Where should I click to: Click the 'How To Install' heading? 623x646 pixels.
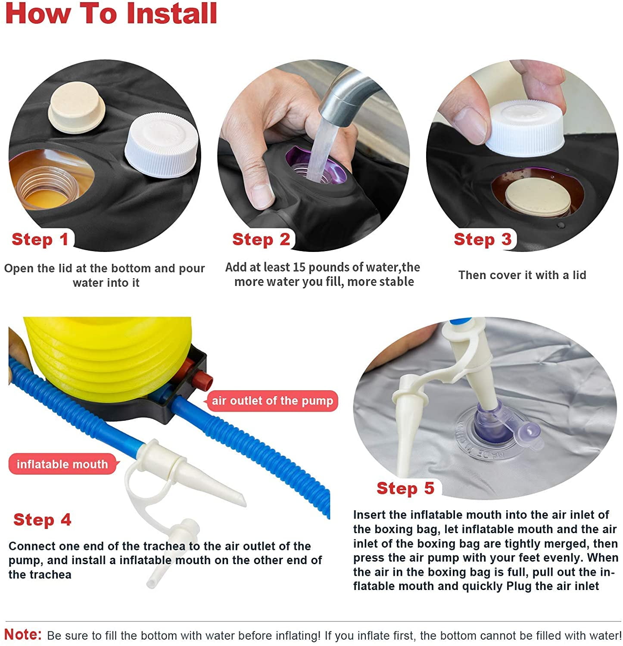tap(111, 13)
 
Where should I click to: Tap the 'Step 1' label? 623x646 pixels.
tap(40, 239)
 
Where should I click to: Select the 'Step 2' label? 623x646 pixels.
tap(261, 239)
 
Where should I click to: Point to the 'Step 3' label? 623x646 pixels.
tap(483, 239)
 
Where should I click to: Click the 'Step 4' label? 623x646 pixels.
tap(42, 519)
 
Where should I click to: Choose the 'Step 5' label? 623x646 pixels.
tap(405, 488)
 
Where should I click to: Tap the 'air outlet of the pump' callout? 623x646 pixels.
tap(272, 401)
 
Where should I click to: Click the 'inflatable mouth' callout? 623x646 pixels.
tap(62, 464)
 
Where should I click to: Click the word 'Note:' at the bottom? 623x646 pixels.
tap(23, 634)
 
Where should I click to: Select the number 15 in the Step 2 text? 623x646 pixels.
tap(299, 267)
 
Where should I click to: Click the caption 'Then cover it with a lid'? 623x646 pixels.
tap(522, 275)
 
